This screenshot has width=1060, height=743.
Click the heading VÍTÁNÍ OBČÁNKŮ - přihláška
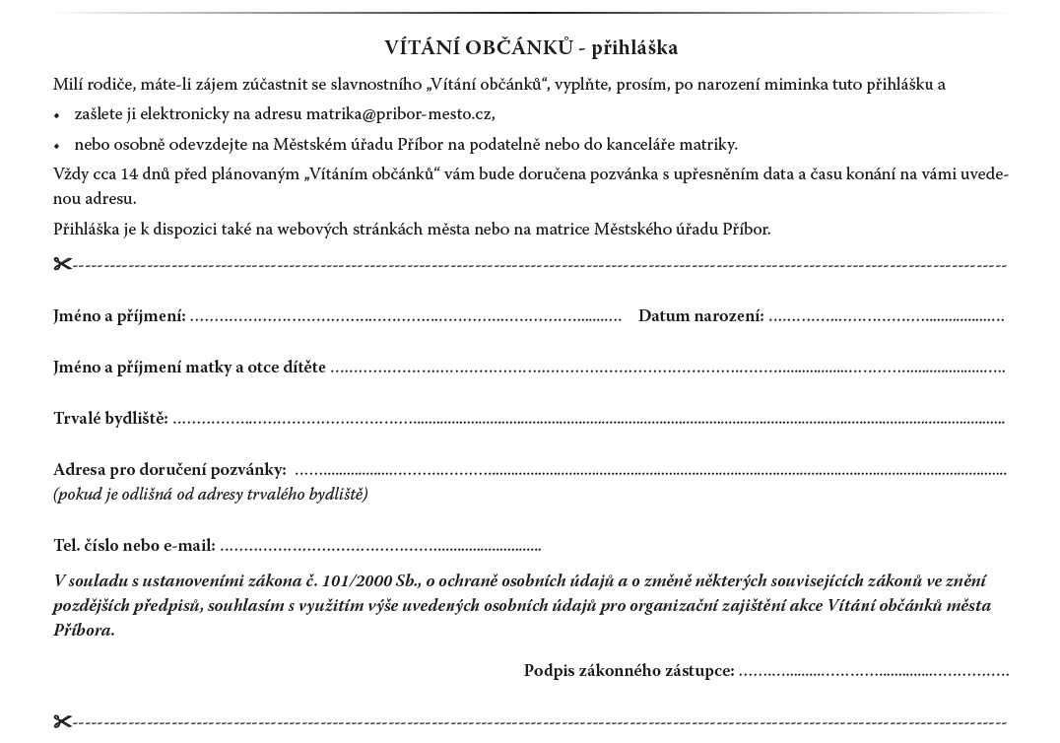(531, 47)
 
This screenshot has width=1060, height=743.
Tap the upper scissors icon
(63, 264)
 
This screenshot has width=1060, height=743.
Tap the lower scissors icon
(63, 721)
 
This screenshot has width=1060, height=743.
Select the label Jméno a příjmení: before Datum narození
(119, 316)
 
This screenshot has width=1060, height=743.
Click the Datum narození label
(700, 316)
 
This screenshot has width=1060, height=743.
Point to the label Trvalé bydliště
(110, 419)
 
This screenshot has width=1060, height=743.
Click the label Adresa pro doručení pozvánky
(169, 470)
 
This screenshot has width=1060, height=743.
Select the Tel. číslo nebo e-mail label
(134, 546)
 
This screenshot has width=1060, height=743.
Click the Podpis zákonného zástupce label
(629, 671)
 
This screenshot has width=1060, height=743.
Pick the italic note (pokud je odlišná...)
(211, 495)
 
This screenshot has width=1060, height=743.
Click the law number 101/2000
(360, 581)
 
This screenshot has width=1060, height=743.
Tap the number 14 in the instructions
(129, 174)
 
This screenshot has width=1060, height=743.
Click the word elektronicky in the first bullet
(177, 114)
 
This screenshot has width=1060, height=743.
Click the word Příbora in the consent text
(84, 631)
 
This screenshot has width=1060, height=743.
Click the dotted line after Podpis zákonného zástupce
(874, 673)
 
